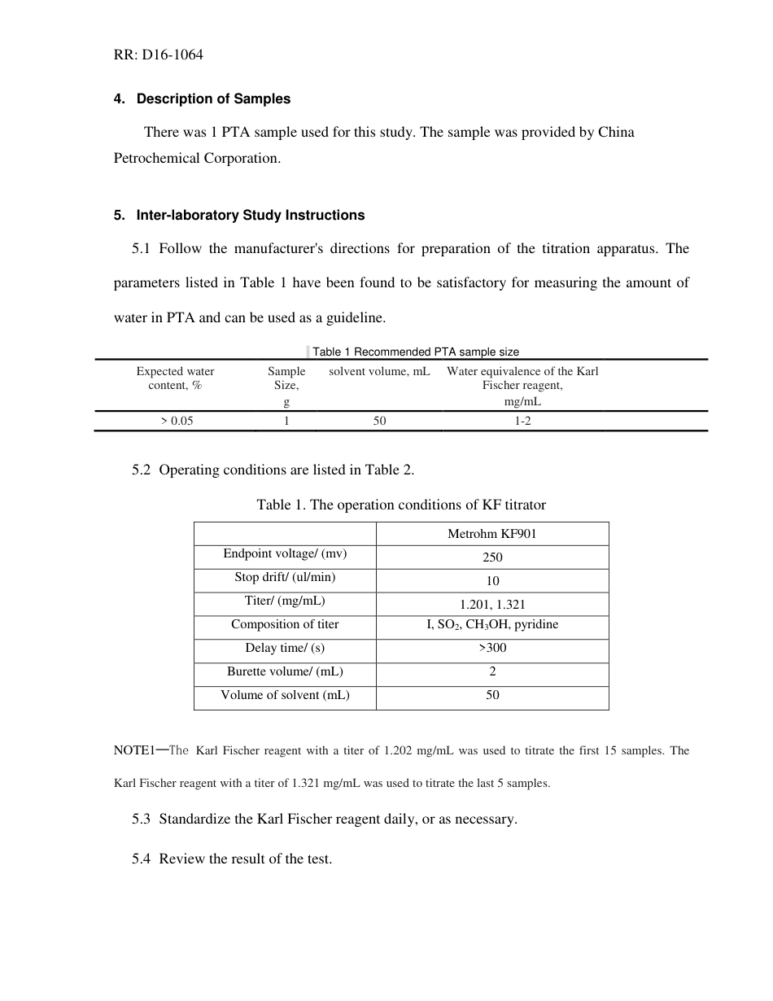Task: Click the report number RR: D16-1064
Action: [x=158, y=55]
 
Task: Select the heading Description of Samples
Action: [x=213, y=99]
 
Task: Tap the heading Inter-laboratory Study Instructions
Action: [x=250, y=216]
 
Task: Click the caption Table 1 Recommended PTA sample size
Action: [x=415, y=352]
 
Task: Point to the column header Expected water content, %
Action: [x=175, y=378]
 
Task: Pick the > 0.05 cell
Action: [x=177, y=421]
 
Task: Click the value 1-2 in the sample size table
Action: [x=522, y=421]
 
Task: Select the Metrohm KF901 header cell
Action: [x=491, y=534]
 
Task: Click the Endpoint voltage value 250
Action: [x=492, y=557]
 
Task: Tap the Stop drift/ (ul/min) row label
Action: [x=285, y=577]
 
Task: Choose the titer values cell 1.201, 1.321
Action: [x=492, y=605]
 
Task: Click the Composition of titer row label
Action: [x=285, y=624]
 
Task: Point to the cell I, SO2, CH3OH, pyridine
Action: [x=492, y=625]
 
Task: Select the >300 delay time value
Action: [x=492, y=648]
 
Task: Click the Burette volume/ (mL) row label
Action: [x=285, y=671]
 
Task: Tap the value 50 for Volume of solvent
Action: [x=492, y=695]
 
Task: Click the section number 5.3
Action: [x=142, y=819]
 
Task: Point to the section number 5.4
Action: [x=142, y=859]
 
